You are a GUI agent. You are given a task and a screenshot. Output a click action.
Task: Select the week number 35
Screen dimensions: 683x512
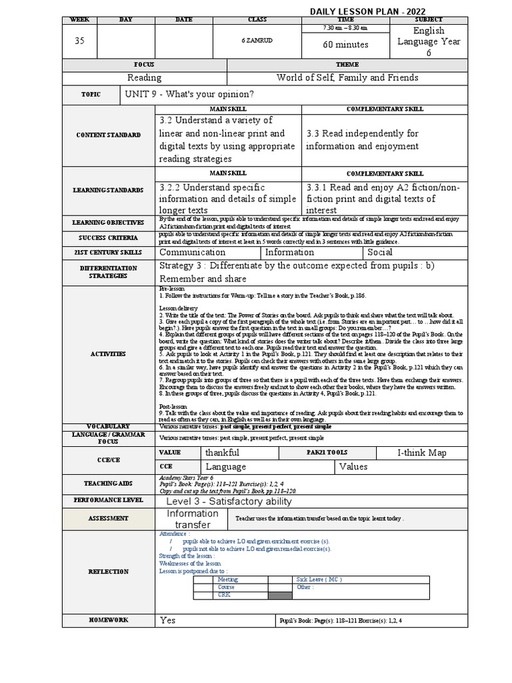tap(79, 41)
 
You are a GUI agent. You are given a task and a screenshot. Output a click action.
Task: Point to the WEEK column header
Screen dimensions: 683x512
tap(79, 20)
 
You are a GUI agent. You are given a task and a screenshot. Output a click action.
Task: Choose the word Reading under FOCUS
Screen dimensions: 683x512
tap(144, 77)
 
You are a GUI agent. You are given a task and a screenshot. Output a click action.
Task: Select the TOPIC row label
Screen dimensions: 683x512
tap(91, 95)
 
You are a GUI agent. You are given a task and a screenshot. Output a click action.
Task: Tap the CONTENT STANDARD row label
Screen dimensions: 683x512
tap(109, 135)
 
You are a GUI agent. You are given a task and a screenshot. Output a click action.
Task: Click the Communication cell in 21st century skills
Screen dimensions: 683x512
tap(192, 252)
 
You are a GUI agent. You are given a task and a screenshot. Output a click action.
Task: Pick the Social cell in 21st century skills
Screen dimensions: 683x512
tap(381, 252)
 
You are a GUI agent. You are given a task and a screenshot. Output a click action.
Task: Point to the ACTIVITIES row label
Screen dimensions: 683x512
tap(109, 354)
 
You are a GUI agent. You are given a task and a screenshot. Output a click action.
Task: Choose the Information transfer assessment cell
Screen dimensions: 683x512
tap(192, 519)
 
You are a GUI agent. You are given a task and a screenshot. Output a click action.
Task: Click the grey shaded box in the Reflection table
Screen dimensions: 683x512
tap(280, 595)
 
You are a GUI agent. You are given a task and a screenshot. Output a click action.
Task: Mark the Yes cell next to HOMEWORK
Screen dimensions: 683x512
tap(168, 620)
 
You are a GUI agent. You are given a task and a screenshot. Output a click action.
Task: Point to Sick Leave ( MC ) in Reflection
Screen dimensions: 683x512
tap(319, 580)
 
